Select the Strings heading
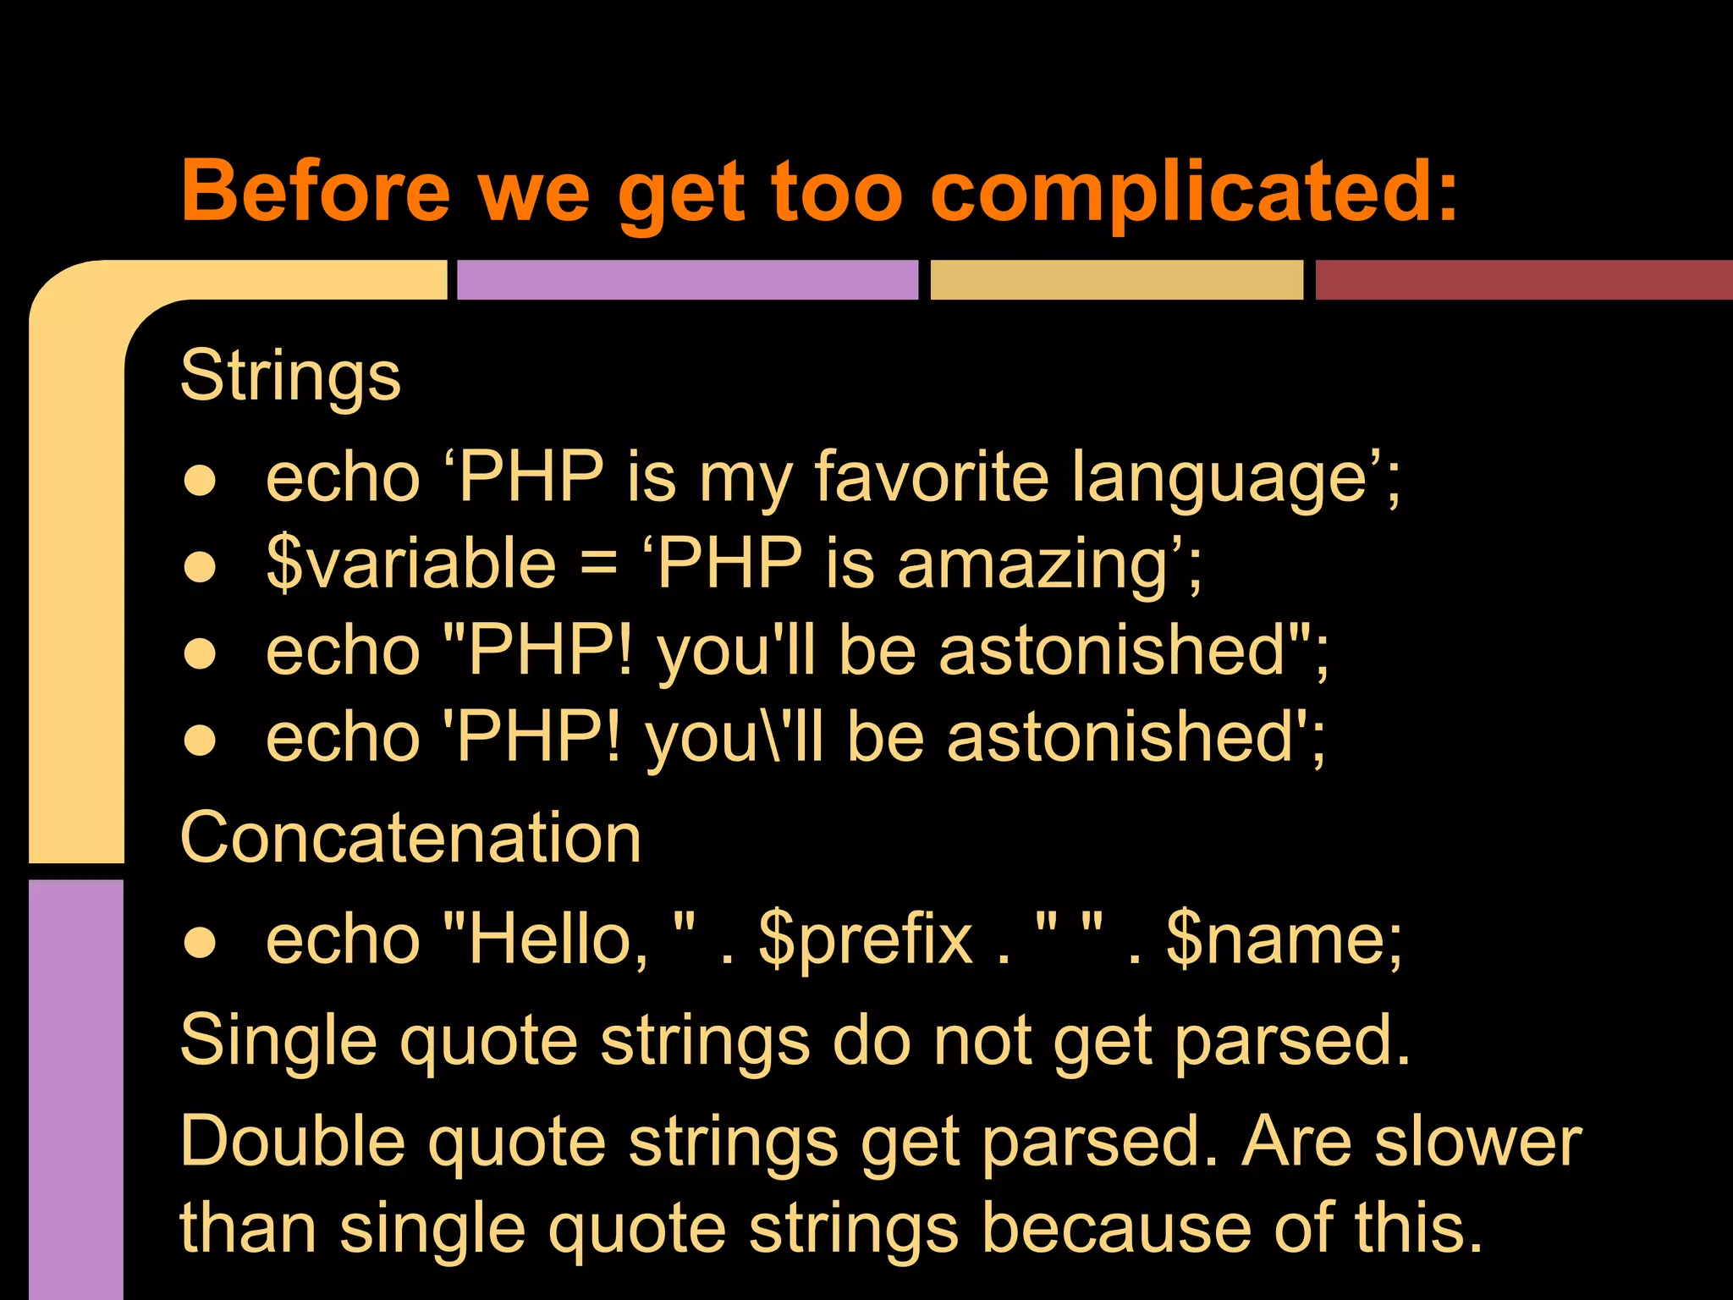coord(290,377)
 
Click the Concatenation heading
coord(410,838)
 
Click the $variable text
coord(410,564)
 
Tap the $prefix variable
coord(865,939)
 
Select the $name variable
coord(1283,939)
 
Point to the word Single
coord(278,1041)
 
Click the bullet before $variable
coord(201,567)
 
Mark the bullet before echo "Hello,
coord(201,943)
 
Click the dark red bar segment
coord(1523,280)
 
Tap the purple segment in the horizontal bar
coord(687,280)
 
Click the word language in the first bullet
coord(1219,478)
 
